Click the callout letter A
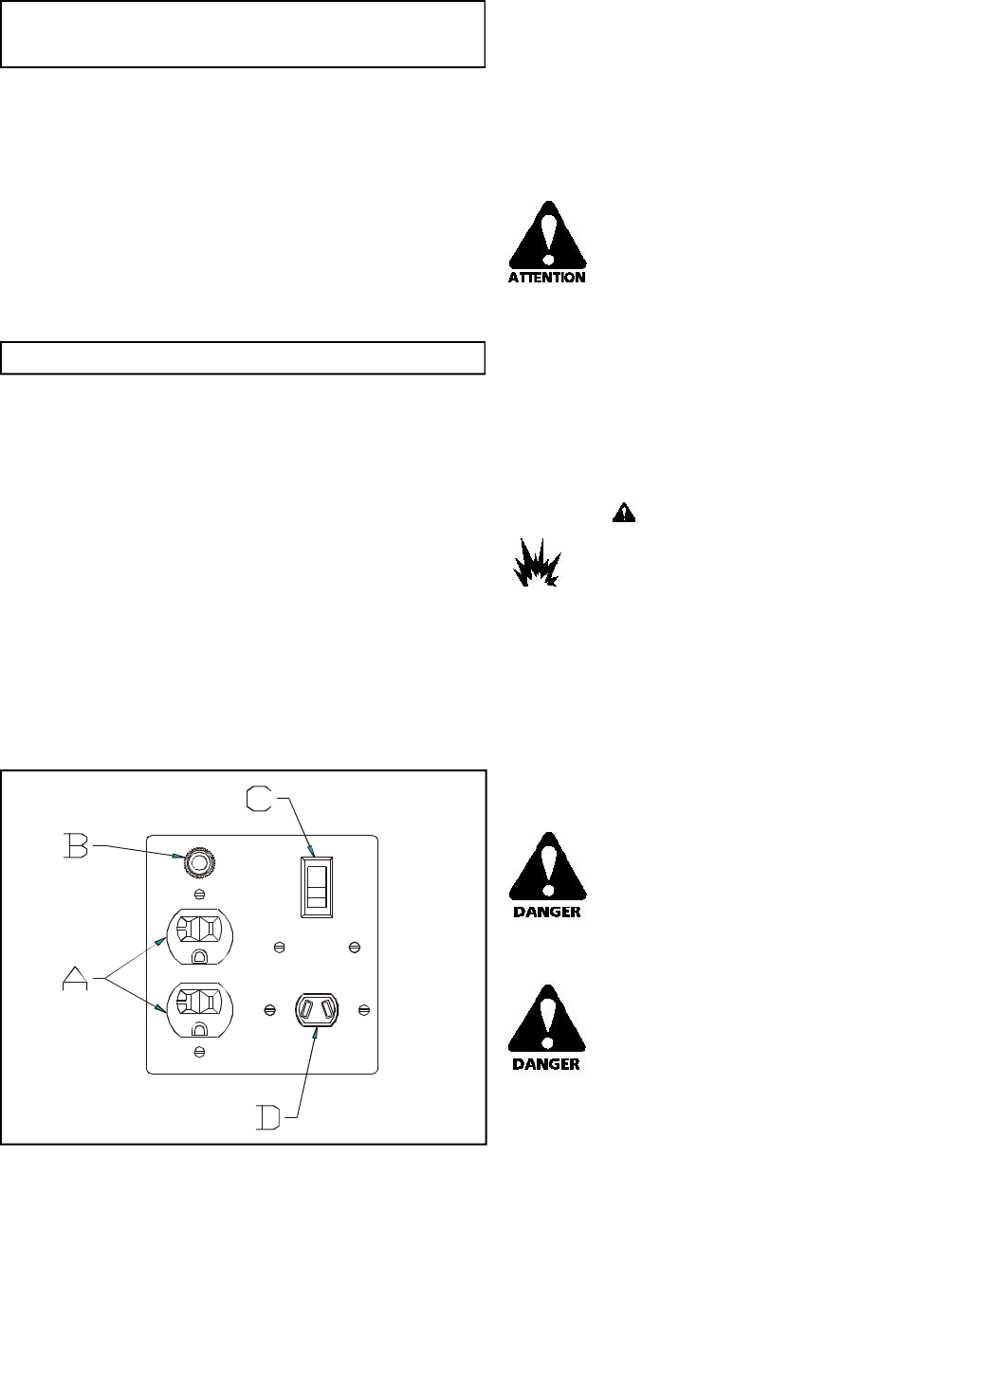pyautogui.click(x=75, y=976)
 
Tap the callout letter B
pyautogui.click(x=75, y=845)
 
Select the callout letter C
pyautogui.click(x=261, y=799)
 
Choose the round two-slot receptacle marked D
pyautogui.click(x=317, y=1010)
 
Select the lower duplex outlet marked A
pyautogui.click(x=200, y=1009)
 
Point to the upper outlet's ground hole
pyautogui.click(x=200, y=955)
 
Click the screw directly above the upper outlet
pyautogui.click(x=200, y=895)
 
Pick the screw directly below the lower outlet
pyautogui.click(x=200, y=1052)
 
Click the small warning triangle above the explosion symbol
pyautogui.click(x=623, y=513)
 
